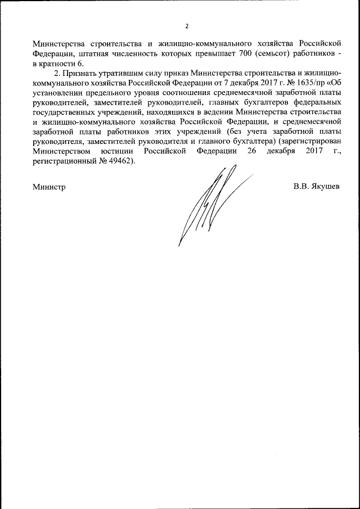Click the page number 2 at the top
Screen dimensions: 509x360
pyautogui.click(x=187, y=26)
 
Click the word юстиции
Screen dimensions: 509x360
pyautogui.click(x=118, y=151)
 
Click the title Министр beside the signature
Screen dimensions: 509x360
pyautogui.click(x=49, y=187)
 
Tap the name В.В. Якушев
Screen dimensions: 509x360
pyautogui.click(x=316, y=186)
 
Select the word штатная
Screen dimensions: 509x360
pyautogui.click(x=93, y=53)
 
